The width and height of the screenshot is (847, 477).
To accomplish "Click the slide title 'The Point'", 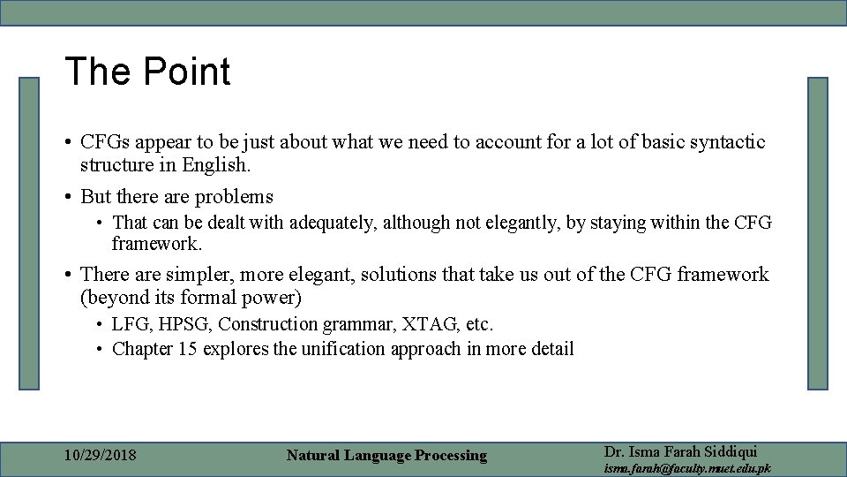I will (147, 72).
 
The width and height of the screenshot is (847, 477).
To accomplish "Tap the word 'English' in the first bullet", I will (215, 165).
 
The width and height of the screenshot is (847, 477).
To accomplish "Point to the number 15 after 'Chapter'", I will (187, 349).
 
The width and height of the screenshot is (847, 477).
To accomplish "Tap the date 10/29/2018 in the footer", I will (101, 456).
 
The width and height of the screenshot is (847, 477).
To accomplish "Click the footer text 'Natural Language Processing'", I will (386, 456).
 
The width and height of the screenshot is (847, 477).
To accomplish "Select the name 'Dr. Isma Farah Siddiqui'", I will (680, 451).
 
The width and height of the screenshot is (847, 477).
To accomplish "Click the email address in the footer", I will (686, 468).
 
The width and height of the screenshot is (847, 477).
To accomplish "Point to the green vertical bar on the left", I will (30, 233).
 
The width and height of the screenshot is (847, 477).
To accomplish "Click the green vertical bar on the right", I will (817, 233).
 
